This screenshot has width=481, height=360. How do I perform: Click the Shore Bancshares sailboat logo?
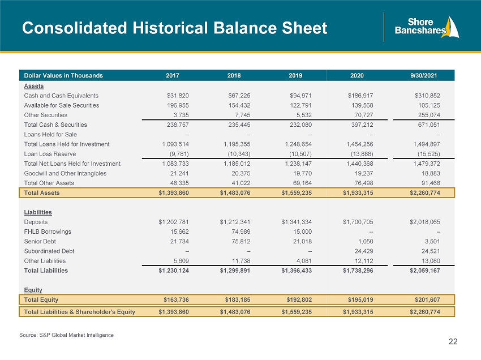427,27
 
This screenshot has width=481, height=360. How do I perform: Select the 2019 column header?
295,75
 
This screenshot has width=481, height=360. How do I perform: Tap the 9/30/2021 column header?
424,75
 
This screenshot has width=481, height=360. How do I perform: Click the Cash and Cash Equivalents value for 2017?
178,96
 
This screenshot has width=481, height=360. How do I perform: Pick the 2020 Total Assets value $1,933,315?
358,193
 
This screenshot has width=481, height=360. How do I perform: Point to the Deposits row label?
36,222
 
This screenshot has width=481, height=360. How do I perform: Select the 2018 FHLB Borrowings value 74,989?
241,232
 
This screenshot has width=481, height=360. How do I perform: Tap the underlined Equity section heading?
33,290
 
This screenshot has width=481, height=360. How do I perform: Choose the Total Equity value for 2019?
299,299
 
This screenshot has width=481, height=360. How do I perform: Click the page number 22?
453,341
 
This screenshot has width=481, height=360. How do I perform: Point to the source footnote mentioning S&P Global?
66,335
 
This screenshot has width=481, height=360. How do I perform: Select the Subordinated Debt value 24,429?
364,251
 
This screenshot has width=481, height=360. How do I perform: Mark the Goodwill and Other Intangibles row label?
65,173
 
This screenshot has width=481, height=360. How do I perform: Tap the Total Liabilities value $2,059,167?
425,271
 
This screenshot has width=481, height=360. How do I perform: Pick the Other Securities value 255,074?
429,115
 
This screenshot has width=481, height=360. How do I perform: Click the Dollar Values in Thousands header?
63,75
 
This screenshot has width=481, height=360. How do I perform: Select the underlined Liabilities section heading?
38,212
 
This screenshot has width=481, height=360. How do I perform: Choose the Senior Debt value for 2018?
241,242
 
